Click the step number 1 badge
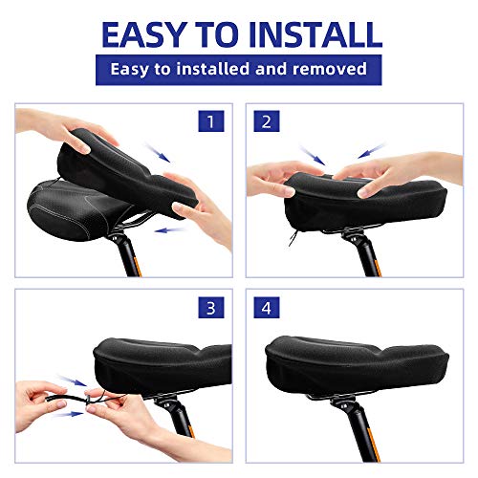coord(210,122)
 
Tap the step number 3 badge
coord(210,308)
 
